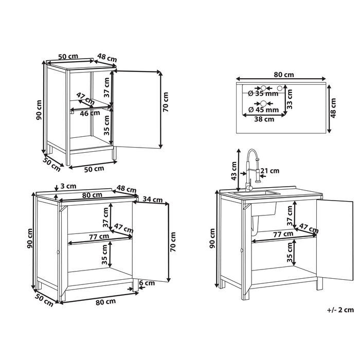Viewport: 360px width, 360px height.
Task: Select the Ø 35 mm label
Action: coord(263,94)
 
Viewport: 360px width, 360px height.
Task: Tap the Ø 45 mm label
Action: coord(263,110)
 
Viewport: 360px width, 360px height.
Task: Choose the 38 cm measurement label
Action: coord(264,119)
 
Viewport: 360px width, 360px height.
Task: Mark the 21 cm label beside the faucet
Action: coord(270,171)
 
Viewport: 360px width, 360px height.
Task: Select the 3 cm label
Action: coord(68,186)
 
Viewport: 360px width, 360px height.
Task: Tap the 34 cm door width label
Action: coord(153,199)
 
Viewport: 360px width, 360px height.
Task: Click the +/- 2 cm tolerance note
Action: coord(340,310)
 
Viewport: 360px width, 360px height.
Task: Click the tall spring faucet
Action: coord(251,170)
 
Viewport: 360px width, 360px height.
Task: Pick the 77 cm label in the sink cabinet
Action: coord(283,234)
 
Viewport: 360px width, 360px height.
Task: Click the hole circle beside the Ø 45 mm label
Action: coord(263,103)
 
